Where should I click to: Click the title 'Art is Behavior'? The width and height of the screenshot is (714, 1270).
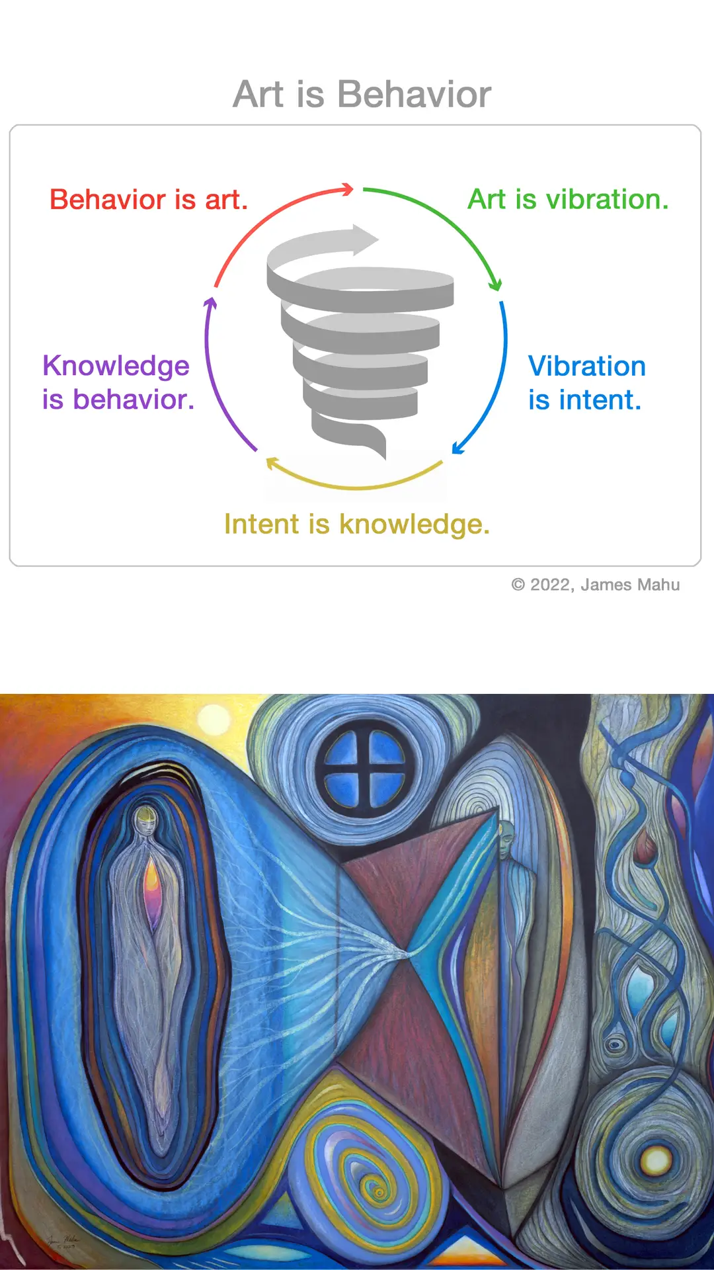(x=362, y=94)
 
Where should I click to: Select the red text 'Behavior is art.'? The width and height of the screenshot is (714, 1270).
(x=149, y=199)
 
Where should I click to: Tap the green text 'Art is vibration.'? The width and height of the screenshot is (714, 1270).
(x=569, y=199)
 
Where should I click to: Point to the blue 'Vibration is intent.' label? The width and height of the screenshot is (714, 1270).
(x=586, y=383)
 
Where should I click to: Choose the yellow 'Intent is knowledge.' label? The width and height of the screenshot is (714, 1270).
(x=357, y=524)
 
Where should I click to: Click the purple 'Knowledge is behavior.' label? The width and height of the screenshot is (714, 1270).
(x=118, y=382)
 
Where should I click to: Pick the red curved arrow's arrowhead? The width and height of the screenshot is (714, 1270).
(x=347, y=190)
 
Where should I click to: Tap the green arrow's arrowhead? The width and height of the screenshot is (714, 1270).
(x=495, y=285)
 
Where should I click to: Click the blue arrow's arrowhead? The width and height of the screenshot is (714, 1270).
(x=457, y=448)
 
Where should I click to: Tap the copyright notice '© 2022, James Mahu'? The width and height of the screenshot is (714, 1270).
(x=596, y=585)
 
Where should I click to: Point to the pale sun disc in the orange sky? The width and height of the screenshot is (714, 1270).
(x=214, y=720)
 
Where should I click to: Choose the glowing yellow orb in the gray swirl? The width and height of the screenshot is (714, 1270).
(x=656, y=1160)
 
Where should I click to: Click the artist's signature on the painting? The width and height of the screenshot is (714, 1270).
(x=63, y=1240)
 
